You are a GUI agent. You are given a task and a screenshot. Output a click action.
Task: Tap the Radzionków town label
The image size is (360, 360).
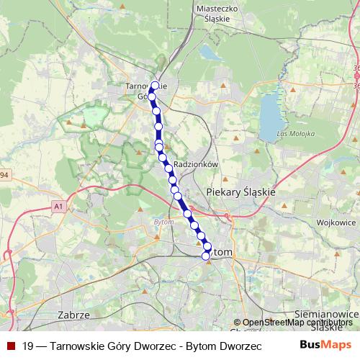pos(196,164)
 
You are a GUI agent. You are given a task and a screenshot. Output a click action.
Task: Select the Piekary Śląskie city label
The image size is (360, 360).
pos(240,192)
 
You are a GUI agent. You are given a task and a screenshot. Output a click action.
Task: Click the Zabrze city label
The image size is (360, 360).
pos(73,315)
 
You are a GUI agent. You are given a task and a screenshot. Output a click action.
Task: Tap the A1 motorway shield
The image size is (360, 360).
pos(58,207)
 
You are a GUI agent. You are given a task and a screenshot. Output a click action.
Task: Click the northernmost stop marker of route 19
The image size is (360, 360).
pos(155,85)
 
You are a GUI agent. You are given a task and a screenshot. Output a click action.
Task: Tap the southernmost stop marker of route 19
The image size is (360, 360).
pos(205,256)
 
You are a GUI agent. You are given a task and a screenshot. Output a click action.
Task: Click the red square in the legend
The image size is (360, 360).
pos(10,346)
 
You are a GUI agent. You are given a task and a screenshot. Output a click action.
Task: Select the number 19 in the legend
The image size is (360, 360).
pos(28,346)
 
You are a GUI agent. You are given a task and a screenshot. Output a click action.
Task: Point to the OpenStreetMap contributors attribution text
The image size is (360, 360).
pos(297,323)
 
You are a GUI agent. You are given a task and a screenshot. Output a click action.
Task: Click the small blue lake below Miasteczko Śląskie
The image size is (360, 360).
pos(210,53)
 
